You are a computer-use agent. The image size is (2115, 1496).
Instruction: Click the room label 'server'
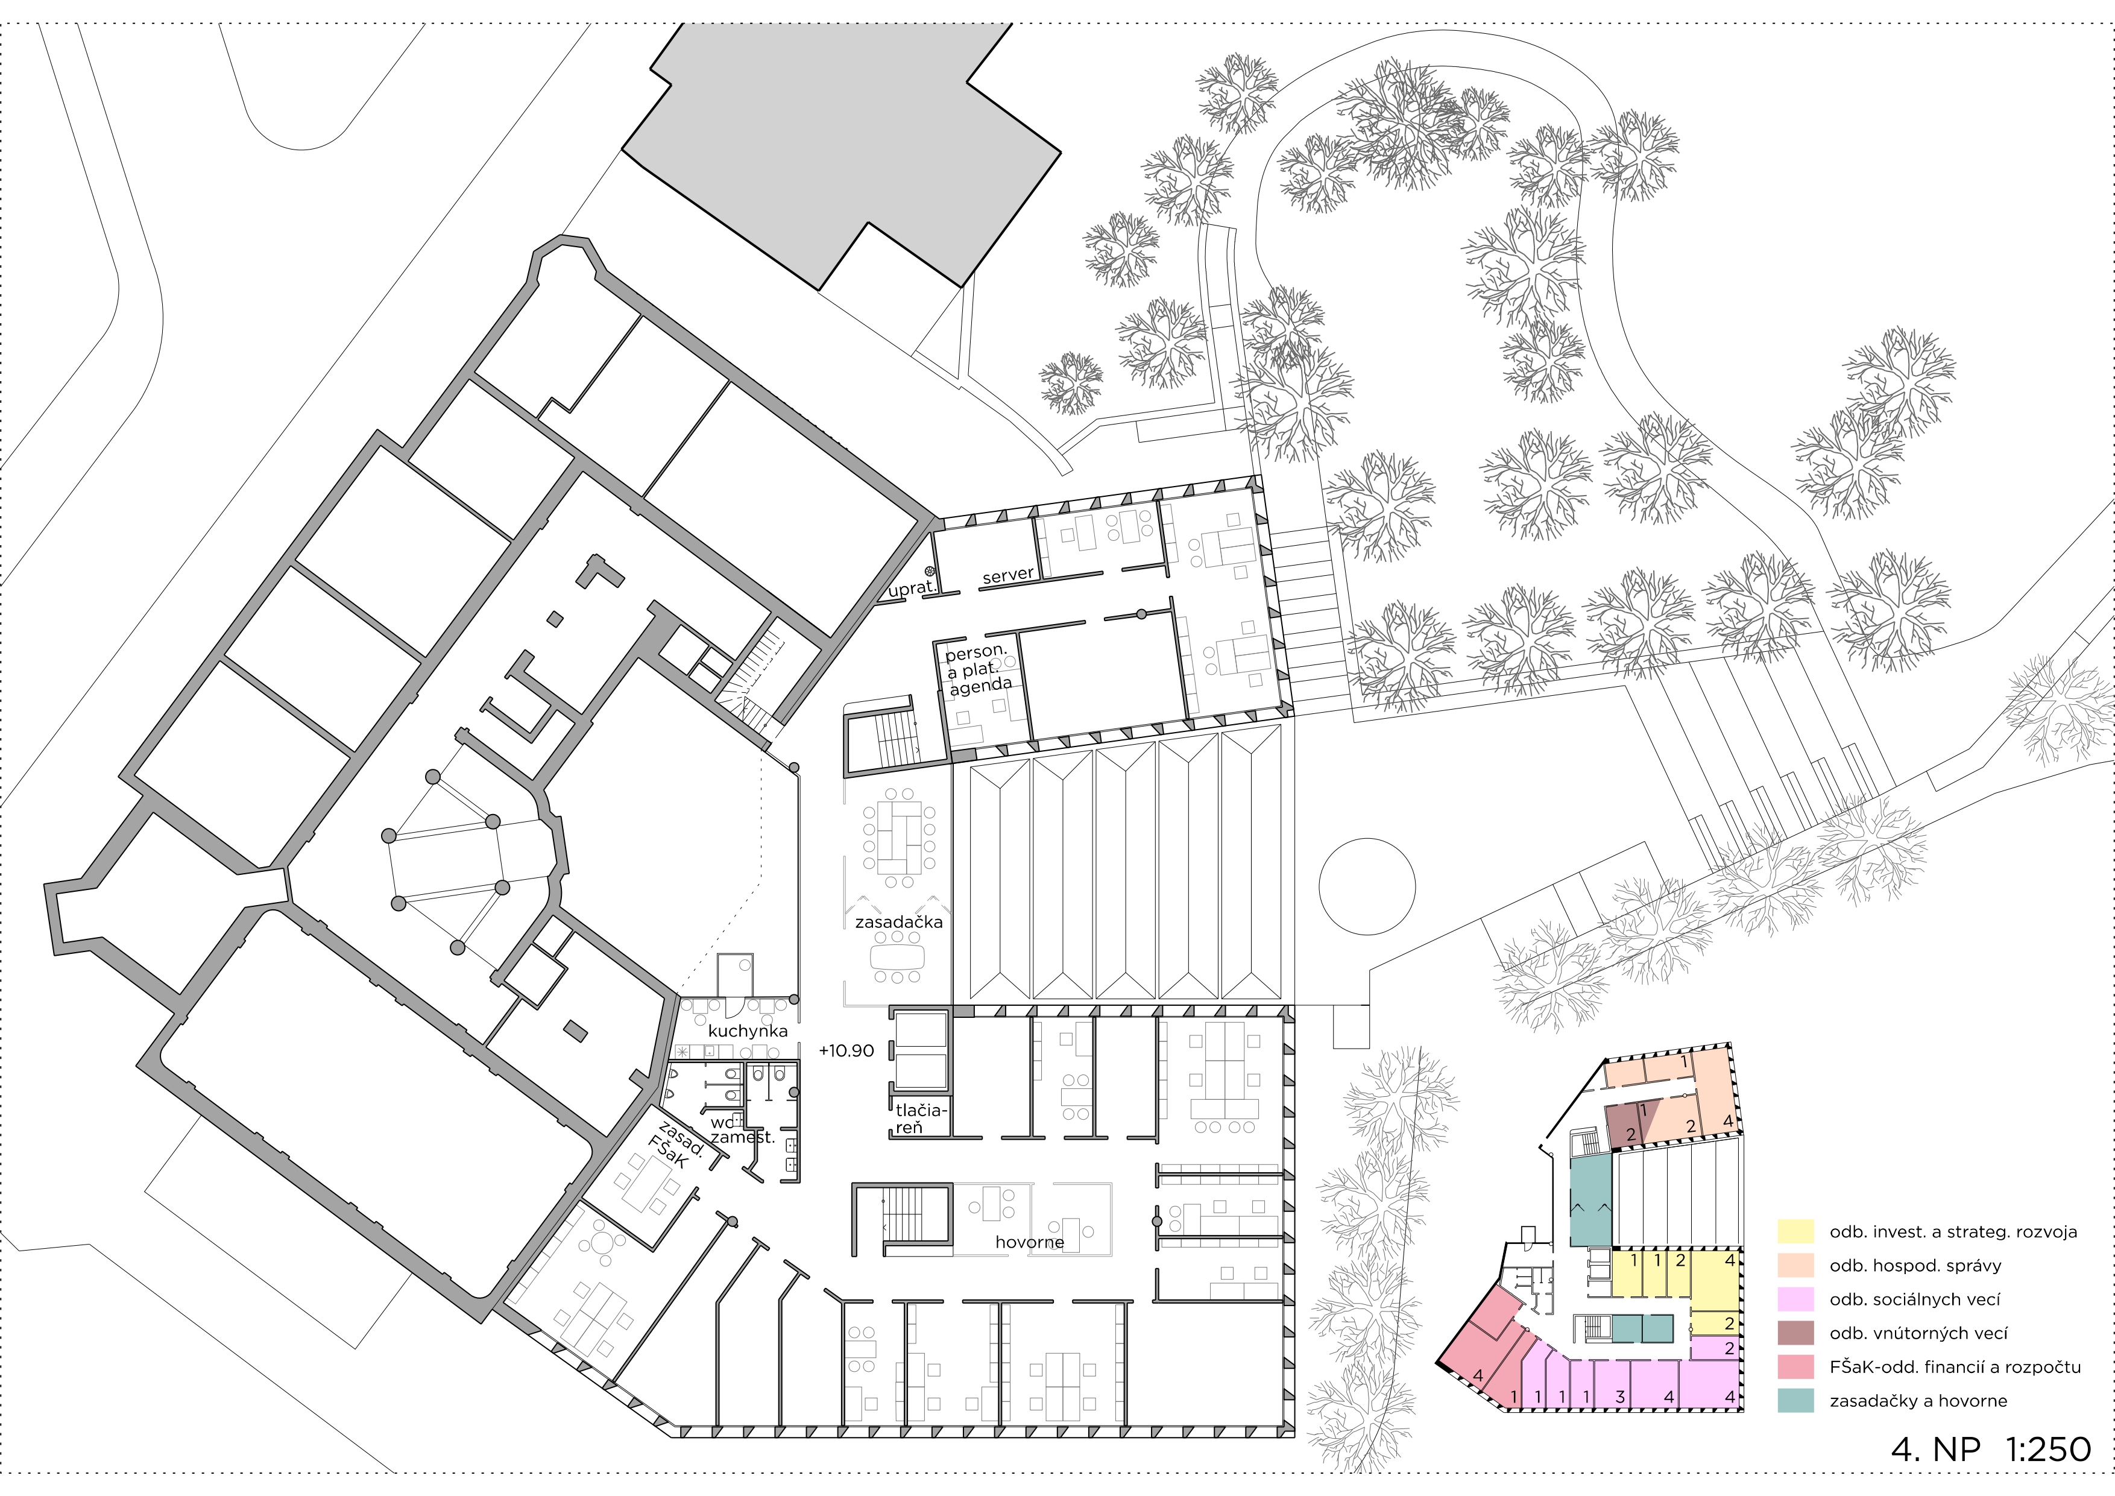pos(1007,576)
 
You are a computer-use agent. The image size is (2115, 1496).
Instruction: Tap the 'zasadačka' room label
pos(898,922)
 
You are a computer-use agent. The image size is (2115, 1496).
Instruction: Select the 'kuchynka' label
pos(747,1031)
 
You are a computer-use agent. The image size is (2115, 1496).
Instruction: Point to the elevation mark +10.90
pos(846,1051)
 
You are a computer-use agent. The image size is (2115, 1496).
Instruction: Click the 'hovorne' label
pos(1029,1243)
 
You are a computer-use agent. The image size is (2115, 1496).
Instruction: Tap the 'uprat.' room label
pos(912,588)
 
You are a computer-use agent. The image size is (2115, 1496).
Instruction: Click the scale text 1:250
pos(2047,1449)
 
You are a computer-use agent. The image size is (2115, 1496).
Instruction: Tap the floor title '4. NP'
pos(1935,1449)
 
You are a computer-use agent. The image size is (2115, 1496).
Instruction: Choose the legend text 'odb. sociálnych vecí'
pos(1914,1300)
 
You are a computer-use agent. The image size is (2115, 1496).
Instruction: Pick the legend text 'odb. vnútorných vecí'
pos(1918,1333)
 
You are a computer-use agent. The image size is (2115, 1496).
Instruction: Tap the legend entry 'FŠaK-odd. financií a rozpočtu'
pos(1955,1367)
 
